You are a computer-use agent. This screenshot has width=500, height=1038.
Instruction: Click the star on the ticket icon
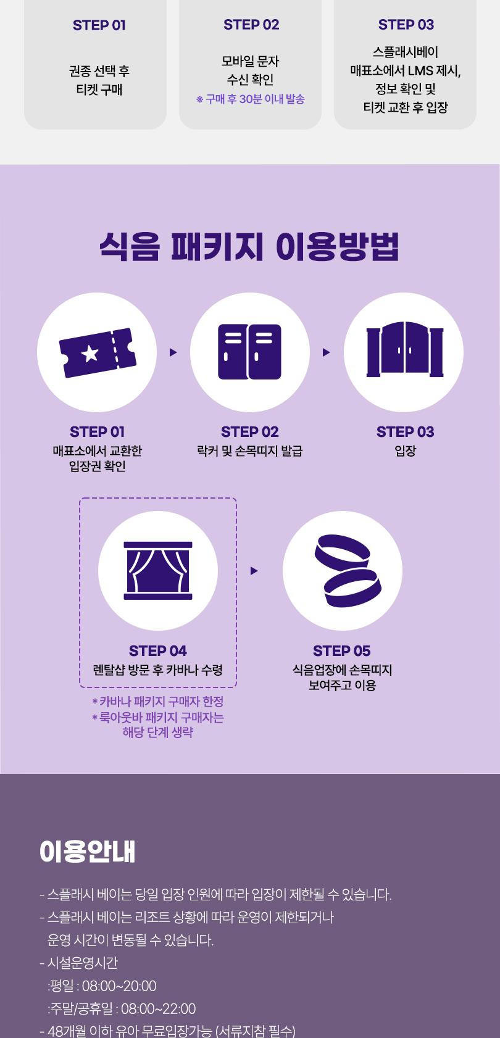(90, 354)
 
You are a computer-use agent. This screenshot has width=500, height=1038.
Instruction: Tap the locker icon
(249, 352)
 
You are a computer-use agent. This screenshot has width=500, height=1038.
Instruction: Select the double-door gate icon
(404, 351)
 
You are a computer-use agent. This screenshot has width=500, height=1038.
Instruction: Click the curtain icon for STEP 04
(158, 570)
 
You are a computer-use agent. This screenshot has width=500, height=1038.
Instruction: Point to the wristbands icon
(343, 570)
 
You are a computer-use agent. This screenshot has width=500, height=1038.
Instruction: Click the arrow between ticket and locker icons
(173, 352)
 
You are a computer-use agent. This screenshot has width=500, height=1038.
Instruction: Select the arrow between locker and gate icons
(327, 352)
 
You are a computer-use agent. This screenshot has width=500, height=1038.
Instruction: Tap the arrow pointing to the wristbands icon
(254, 571)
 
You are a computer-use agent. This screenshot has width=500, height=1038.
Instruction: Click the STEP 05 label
(341, 651)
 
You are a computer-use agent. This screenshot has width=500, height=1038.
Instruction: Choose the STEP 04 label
(157, 651)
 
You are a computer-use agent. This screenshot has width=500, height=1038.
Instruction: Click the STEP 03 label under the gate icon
(405, 432)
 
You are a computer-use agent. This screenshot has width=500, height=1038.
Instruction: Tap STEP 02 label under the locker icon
(249, 432)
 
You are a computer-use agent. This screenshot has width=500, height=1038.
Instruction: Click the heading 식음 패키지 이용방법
(249, 246)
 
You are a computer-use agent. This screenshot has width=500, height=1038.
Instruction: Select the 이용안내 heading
(87, 852)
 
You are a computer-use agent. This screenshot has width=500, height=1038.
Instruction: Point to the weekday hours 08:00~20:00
(119, 986)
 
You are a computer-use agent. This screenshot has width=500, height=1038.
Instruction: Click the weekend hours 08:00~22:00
(158, 1009)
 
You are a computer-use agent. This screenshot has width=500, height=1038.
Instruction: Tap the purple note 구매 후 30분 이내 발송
(251, 99)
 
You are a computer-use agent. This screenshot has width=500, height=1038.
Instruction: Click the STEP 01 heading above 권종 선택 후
(99, 25)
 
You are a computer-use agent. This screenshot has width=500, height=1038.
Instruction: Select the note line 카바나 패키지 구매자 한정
(157, 702)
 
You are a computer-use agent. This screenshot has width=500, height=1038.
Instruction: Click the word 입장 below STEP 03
(405, 451)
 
